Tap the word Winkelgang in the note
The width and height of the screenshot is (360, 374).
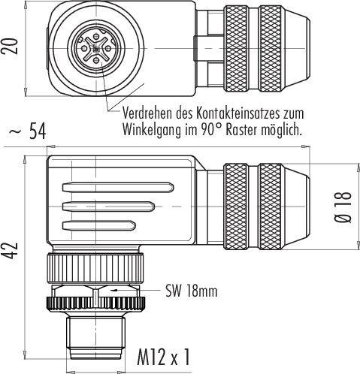(155, 129)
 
